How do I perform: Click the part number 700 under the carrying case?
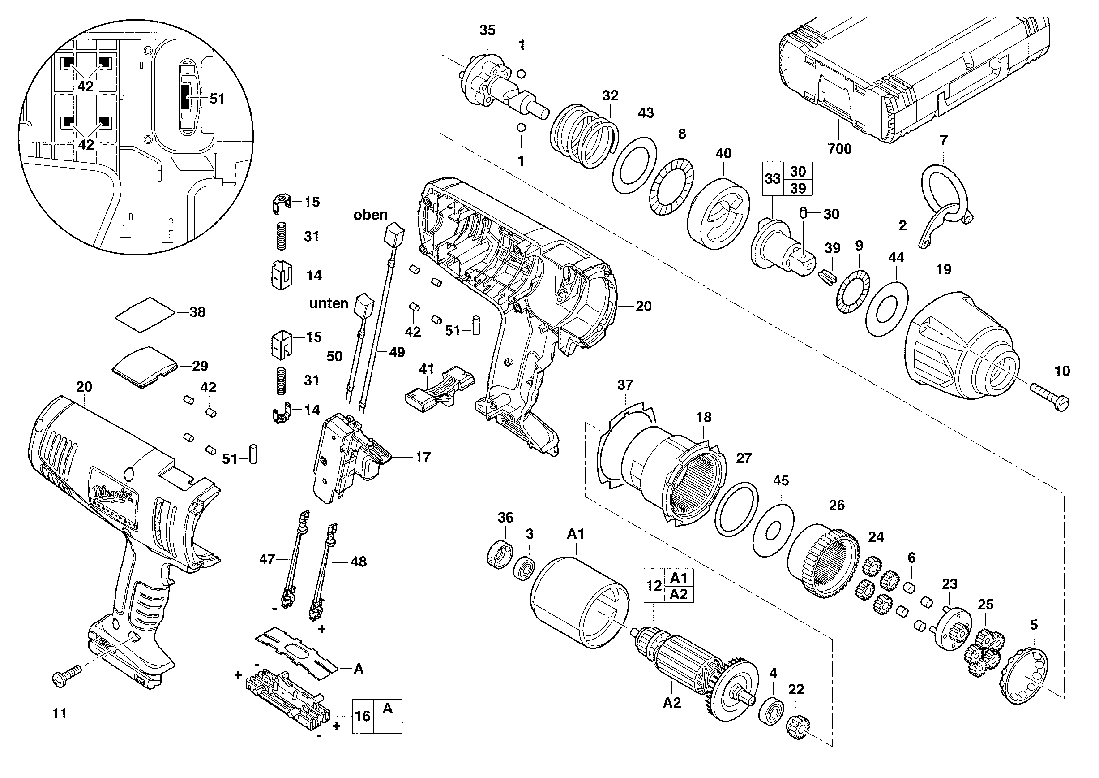pyautogui.click(x=839, y=148)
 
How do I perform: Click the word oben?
pyautogui.click(x=371, y=215)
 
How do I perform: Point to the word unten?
pyautogui.click(x=329, y=303)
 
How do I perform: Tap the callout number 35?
pyautogui.click(x=487, y=30)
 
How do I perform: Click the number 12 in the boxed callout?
pyautogui.click(x=654, y=585)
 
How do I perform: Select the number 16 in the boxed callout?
pyautogui.click(x=362, y=716)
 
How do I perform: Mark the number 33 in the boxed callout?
pyautogui.click(x=773, y=179)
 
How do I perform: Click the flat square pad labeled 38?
pyautogui.click(x=145, y=314)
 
